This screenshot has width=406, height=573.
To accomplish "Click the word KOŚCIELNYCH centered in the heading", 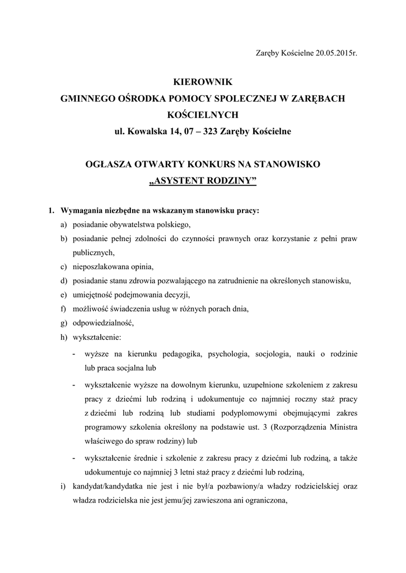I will pos(203,115).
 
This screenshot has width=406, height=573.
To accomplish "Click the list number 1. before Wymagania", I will pos(51,211).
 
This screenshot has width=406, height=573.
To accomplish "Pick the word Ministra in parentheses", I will pos(343,427).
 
